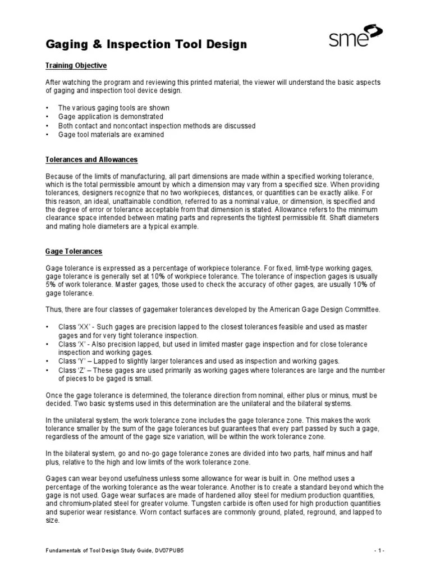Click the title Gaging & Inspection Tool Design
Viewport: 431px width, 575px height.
click(145, 44)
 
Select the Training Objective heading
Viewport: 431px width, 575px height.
click(76, 66)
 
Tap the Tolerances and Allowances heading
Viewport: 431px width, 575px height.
click(91, 160)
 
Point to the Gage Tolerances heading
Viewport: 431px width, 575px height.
click(74, 252)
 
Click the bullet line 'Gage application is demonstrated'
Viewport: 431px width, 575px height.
click(111, 117)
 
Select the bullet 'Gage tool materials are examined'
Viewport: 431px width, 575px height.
click(111, 135)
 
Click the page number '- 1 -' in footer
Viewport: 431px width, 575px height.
click(380, 551)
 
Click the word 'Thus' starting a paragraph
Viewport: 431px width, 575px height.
click(53, 309)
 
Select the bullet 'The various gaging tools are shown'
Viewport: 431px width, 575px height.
click(114, 108)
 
